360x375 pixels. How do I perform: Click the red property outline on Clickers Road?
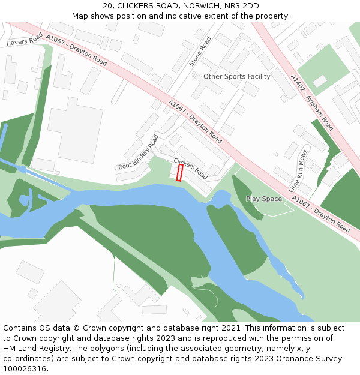click(179, 173)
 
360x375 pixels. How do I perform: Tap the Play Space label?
click(263, 199)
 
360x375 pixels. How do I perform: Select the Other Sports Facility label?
click(236, 77)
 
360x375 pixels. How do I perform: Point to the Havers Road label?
click(25, 40)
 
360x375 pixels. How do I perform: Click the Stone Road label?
click(200, 52)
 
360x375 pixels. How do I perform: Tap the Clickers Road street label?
click(190, 169)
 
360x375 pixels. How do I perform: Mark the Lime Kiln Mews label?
click(298, 170)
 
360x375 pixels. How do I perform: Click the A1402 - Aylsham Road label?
click(311, 103)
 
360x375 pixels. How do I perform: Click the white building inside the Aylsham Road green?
click(319, 80)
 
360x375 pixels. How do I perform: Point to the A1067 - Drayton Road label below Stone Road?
click(195, 122)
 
